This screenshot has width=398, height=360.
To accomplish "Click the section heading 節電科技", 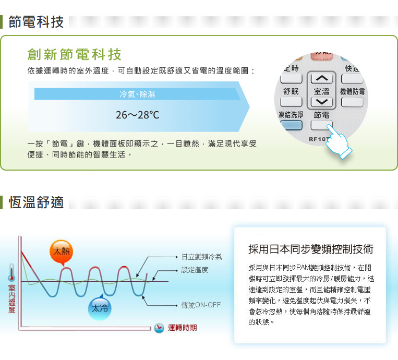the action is point(36,22).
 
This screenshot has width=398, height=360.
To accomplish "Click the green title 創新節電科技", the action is point(75,54).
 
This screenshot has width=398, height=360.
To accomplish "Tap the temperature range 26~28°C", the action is point(137,115).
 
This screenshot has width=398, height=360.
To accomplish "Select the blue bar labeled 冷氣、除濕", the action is point(137,94).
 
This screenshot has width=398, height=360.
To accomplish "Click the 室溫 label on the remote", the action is point(321,91).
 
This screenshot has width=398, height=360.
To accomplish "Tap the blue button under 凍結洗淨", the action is point(291,125).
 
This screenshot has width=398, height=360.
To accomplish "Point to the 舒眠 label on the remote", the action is point(291,91).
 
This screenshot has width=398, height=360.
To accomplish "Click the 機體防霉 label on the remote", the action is point(352,91).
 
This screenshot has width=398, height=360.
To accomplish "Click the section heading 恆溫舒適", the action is point(36,202).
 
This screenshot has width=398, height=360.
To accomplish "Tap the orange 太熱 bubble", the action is point(62,252).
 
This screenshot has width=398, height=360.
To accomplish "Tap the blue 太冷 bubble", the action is point(100,308).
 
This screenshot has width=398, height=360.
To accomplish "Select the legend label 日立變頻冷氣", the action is point(202,257).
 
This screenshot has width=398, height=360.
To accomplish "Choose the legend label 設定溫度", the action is point(195,270).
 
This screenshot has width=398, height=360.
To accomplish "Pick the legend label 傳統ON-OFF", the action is point(201,305).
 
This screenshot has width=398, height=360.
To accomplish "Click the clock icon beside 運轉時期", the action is point(159,328).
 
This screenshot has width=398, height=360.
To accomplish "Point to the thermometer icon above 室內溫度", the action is point(11,273).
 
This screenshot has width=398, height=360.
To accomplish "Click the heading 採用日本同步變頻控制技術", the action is point(311,249).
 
